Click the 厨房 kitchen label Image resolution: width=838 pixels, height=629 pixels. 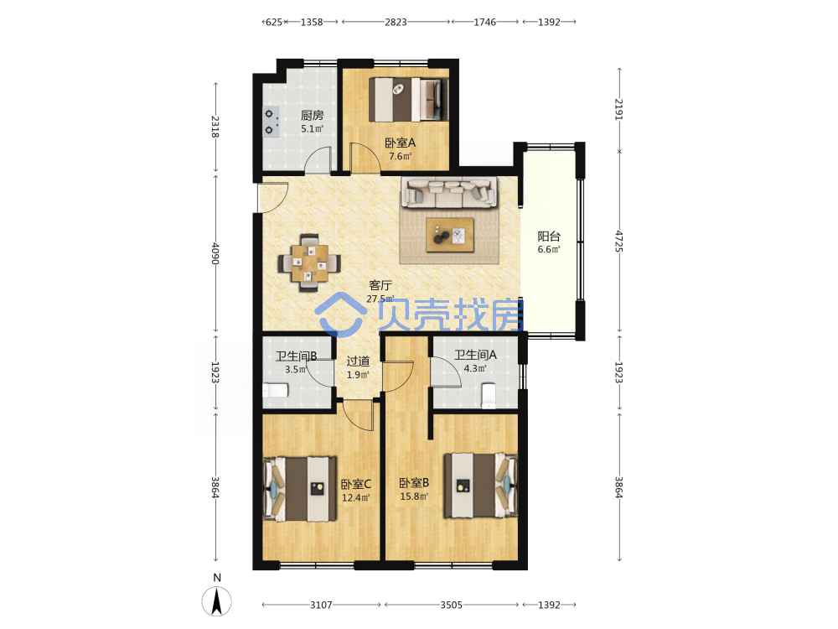[312, 115]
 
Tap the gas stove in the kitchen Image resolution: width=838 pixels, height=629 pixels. [271, 122]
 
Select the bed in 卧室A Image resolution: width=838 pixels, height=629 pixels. [409, 100]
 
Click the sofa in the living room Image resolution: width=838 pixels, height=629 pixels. [449, 193]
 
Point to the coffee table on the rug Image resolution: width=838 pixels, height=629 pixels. [449, 234]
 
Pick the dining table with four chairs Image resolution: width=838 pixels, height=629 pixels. [309, 263]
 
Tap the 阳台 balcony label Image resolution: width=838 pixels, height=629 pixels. [549, 236]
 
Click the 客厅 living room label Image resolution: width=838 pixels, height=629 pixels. [380, 285]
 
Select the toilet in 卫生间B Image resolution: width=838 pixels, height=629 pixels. [276, 391]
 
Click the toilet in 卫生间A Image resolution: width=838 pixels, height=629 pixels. [489, 396]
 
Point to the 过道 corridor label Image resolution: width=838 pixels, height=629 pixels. [358, 361]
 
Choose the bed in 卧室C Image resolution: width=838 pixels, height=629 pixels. [300, 489]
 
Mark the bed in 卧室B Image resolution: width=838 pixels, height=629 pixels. [481, 485]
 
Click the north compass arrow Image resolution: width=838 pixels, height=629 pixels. [216, 600]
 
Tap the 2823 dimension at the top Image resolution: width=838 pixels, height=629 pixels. [396, 22]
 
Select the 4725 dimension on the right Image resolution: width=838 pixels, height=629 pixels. [619, 242]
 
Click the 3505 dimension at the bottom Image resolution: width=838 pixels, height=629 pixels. [451, 605]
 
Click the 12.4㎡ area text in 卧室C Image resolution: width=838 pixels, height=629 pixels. [356, 498]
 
